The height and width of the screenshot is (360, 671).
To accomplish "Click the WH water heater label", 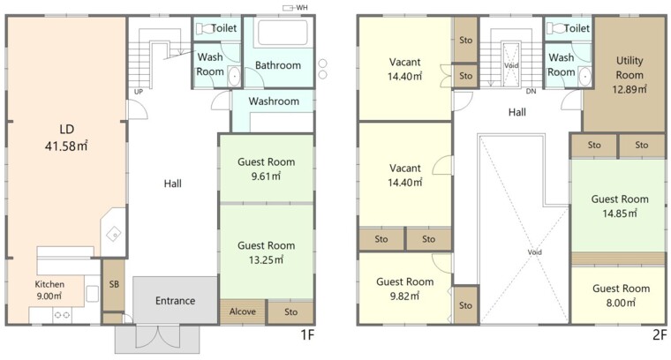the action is click(302, 8).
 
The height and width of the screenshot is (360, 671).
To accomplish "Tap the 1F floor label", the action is click(307, 334).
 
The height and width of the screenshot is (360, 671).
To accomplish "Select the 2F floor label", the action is click(660, 334).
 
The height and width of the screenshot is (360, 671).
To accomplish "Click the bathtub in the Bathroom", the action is click(283, 33).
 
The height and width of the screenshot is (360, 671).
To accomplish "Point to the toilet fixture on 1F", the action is click(204, 28).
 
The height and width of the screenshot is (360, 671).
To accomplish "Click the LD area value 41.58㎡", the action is click(66, 146).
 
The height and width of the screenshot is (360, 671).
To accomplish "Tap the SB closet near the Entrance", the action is click(114, 284).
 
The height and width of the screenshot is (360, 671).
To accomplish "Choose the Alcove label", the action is click(242, 311).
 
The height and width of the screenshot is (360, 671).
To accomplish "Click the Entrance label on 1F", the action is click(175, 301).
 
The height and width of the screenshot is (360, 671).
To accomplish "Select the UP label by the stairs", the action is click(139, 92).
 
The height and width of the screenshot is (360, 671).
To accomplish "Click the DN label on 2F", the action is click(531, 91).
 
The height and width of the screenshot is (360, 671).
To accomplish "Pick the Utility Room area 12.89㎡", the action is click(630, 89).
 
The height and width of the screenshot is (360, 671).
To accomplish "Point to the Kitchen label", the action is click(49, 284).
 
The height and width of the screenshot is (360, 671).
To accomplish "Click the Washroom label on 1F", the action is click(274, 101).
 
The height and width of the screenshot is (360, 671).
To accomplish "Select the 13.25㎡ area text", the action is click(266, 260).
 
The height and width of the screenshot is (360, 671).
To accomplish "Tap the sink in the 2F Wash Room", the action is click(584, 77).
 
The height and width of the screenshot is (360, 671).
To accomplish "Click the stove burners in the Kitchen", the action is click(63, 315).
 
